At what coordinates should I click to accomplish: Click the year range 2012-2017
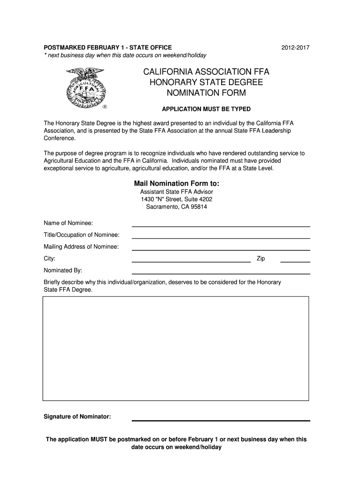coord(295,48)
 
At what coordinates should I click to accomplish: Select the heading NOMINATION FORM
coord(206,93)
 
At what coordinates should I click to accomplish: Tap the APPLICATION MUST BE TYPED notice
coord(206,109)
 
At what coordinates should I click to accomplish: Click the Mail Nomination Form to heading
coord(176,183)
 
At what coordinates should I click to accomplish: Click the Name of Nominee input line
coord(221,223)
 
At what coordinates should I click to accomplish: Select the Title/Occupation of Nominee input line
coord(221,235)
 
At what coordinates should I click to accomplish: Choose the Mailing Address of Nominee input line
coord(221,247)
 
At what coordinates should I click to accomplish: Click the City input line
coord(191,259)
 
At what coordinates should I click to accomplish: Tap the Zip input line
coord(295,259)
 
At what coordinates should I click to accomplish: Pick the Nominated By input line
coord(221,271)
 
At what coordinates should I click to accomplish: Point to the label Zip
coord(261,259)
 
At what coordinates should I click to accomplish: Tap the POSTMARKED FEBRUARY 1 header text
coord(108,48)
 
